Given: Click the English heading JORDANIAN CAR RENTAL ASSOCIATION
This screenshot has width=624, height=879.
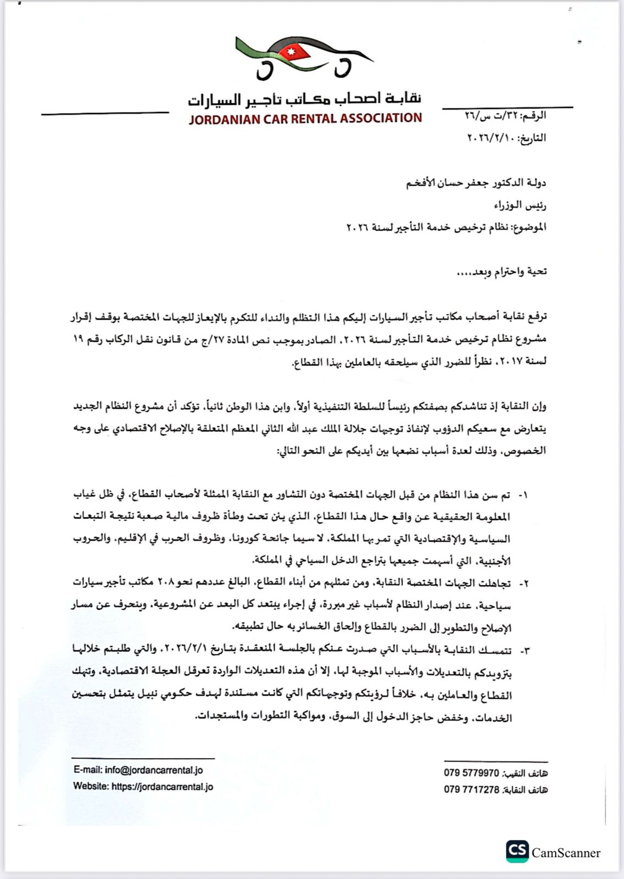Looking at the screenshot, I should pyautogui.click(x=305, y=118).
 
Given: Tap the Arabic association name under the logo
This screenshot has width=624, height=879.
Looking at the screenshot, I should pyautogui.click(x=305, y=99).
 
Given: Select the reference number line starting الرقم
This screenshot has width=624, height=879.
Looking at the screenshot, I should pyautogui.click(x=505, y=116).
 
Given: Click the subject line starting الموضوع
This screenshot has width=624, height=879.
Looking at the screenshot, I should pyautogui.click(x=446, y=227).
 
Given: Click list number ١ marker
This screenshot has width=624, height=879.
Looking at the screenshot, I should pyautogui.click(x=523, y=495).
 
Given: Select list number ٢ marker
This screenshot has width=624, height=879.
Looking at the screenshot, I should pyautogui.click(x=523, y=583).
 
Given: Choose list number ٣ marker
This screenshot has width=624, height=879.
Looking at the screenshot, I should pyautogui.click(x=523, y=650).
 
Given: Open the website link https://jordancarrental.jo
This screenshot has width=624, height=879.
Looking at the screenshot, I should pyautogui.click(x=162, y=787).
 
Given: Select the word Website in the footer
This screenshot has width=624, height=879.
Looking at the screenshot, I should pyautogui.click(x=91, y=787).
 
